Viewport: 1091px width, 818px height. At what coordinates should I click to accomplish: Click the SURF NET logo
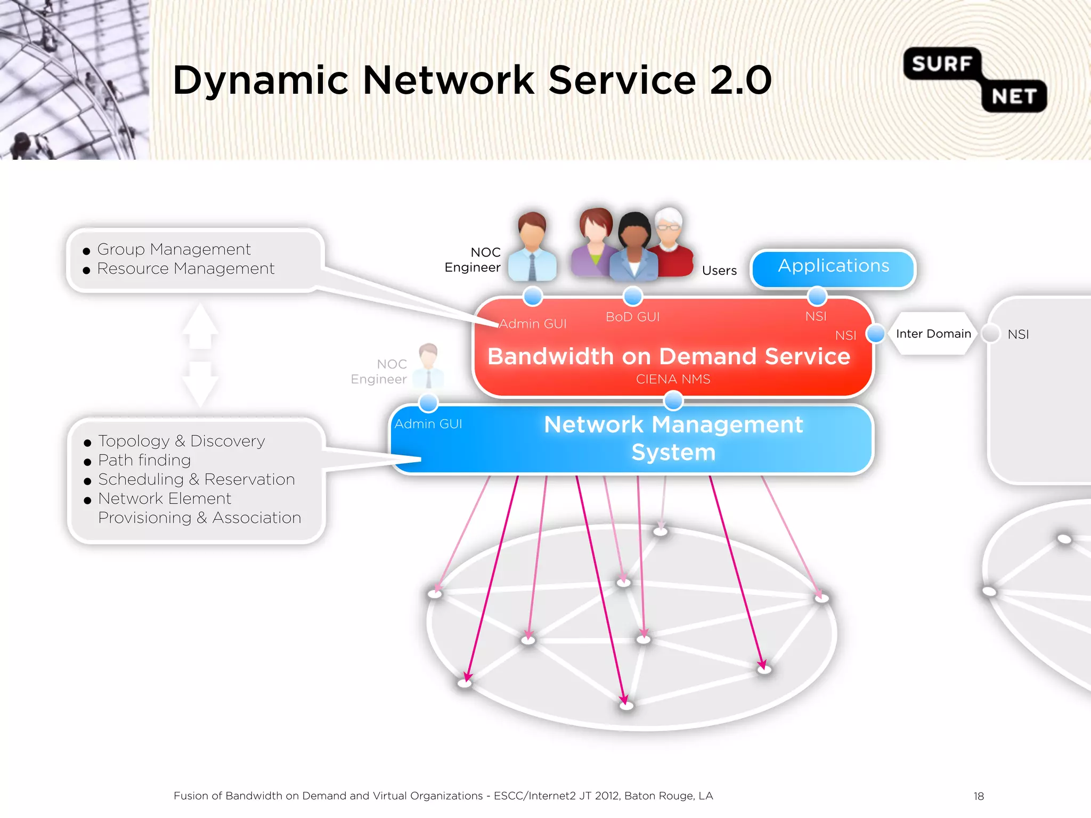click(x=975, y=80)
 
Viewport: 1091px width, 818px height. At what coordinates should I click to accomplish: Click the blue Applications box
click(x=834, y=268)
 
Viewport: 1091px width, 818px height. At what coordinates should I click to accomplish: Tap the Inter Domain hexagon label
click(x=933, y=334)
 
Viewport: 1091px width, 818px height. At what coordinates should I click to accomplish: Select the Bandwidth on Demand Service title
click(x=669, y=356)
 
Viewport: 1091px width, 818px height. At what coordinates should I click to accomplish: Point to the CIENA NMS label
click(x=673, y=379)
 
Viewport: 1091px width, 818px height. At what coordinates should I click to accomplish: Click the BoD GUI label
click(x=632, y=317)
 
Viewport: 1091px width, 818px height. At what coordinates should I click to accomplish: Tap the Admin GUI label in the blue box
click(x=428, y=424)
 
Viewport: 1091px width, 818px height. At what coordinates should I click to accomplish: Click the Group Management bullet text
click(x=174, y=249)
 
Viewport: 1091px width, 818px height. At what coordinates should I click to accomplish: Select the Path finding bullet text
click(x=144, y=460)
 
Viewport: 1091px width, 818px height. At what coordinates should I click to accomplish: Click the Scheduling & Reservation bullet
click(x=196, y=479)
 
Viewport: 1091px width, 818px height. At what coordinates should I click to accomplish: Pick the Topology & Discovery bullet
click(x=181, y=441)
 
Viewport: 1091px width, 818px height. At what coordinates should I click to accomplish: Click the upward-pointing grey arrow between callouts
click(x=200, y=325)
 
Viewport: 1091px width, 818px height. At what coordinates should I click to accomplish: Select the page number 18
click(x=979, y=796)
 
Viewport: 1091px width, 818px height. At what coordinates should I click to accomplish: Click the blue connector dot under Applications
click(x=817, y=296)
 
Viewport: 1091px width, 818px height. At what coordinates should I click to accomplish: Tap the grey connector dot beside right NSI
click(x=991, y=334)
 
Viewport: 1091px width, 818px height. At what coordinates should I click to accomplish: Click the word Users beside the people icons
click(x=719, y=271)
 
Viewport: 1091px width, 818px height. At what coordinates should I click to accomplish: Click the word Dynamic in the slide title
click(x=261, y=81)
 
